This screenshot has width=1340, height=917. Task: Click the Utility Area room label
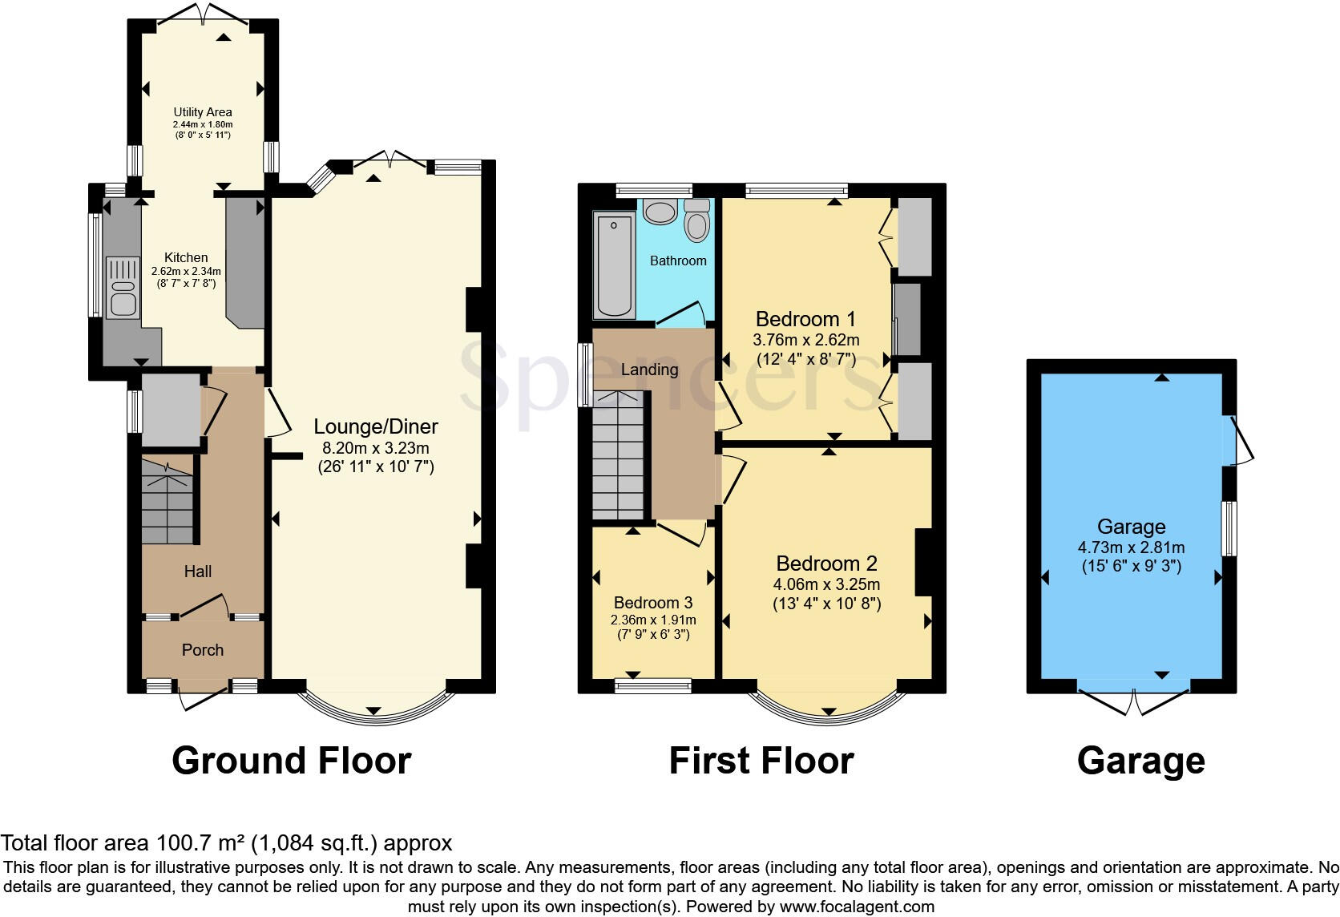[x=203, y=112]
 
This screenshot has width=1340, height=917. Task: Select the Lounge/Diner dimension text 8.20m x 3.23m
[x=376, y=447]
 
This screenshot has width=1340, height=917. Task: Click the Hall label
[x=198, y=572]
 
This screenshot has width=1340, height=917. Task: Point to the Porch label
[x=203, y=650]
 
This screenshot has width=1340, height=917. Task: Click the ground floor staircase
[x=167, y=501]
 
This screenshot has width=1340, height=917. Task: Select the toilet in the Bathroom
[x=697, y=220]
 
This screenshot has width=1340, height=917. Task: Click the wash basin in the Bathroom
[x=660, y=212]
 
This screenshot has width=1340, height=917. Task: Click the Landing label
[x=649, y=370]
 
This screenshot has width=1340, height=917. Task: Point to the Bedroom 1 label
[x=805, y=319]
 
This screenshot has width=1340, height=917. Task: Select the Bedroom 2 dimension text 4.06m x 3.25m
[x=826, y=584]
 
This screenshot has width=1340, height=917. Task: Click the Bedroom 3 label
[x=653, y=603]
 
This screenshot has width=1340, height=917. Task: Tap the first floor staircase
[x=619, y=457]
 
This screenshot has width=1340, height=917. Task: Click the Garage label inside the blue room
[x=1131, y=527]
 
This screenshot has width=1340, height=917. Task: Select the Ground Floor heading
[x=292, y=761]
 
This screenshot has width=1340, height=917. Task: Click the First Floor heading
[x=761, y=761]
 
